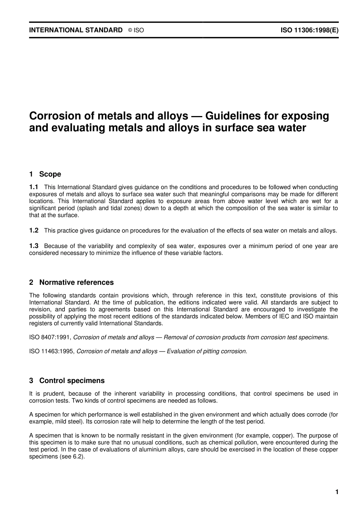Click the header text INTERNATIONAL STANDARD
[76, 30]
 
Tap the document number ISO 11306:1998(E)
[309, 30]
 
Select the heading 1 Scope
[45, 174]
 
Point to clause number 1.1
[34, 187]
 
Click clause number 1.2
[34, 230]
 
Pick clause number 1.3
[34, 246]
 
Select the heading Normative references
[76, 282]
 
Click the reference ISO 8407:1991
[50, 337]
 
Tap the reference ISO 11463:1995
[52, 352]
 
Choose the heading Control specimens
[72, 381]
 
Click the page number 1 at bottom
[337, 492]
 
